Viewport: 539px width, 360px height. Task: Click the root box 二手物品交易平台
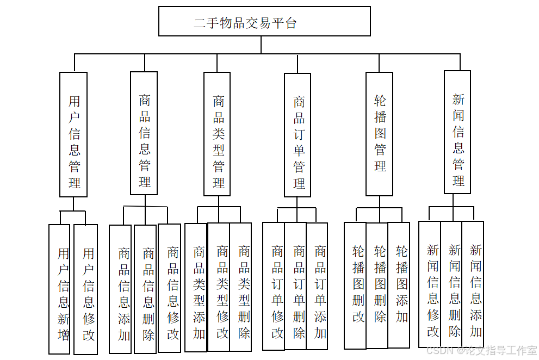pos(264,22)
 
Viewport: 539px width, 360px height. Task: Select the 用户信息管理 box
pos(73,134)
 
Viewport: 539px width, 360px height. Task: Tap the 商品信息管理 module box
pos(144,133)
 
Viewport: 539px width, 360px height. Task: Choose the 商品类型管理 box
pos(217,134)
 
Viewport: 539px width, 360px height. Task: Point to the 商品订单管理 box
pos(298,135)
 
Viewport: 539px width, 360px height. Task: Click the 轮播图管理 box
pos(379,134)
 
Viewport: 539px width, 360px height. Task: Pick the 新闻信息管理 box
pos(457,132)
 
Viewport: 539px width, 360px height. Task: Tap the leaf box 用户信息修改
pos(86,289)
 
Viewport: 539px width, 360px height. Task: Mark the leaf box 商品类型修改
pos(219,287)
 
